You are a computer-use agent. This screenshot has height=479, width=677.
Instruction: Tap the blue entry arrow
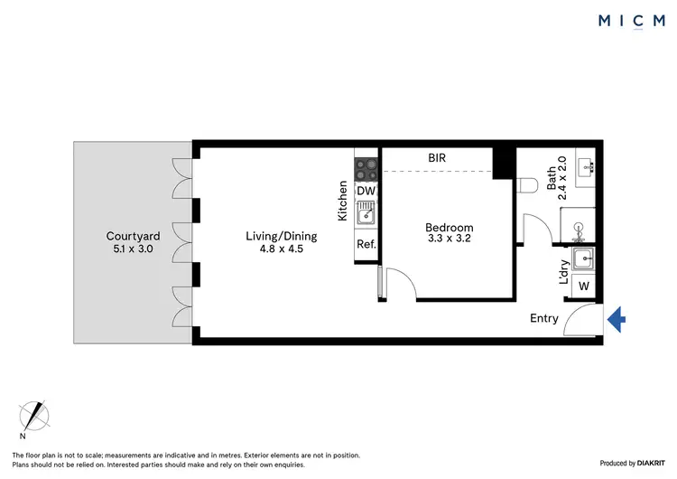617,318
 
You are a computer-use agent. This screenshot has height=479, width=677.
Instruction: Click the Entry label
544,318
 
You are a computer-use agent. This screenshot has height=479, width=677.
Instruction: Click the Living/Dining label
274,237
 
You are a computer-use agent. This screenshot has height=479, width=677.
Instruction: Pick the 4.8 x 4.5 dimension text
274,249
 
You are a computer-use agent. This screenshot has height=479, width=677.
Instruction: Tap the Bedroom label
449,228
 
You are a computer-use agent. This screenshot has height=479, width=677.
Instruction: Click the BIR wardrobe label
437,158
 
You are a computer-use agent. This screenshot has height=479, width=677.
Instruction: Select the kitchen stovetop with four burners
366,167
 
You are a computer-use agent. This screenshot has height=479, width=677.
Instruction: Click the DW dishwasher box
366,192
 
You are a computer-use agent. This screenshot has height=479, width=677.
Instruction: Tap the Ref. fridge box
366,245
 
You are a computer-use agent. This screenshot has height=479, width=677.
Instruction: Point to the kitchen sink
366,215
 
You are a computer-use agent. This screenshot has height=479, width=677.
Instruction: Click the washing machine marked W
583,286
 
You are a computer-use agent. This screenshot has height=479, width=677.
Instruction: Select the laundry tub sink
585,259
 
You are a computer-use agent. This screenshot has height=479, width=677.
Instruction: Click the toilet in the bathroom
529,185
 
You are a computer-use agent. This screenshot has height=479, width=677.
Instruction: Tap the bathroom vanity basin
586,167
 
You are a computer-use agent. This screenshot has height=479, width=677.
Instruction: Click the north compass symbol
35,416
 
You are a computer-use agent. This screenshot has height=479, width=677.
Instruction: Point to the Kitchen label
343,202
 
